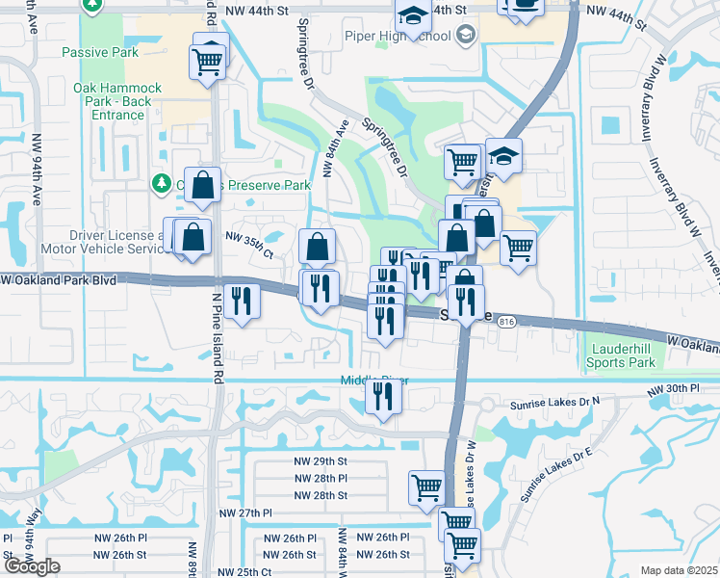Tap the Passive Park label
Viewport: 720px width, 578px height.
tap(94, 52)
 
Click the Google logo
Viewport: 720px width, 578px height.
tap(32, 566)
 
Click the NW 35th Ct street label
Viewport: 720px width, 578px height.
tap(249, 246)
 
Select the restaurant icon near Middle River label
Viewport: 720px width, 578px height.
tap(384, 395)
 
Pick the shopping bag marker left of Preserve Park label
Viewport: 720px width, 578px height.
tap(202, 185)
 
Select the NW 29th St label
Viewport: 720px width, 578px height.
tap(321, 462)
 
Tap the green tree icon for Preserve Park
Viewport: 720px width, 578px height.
tap(162, 183)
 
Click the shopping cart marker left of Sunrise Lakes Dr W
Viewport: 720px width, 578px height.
tap(426, 486)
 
